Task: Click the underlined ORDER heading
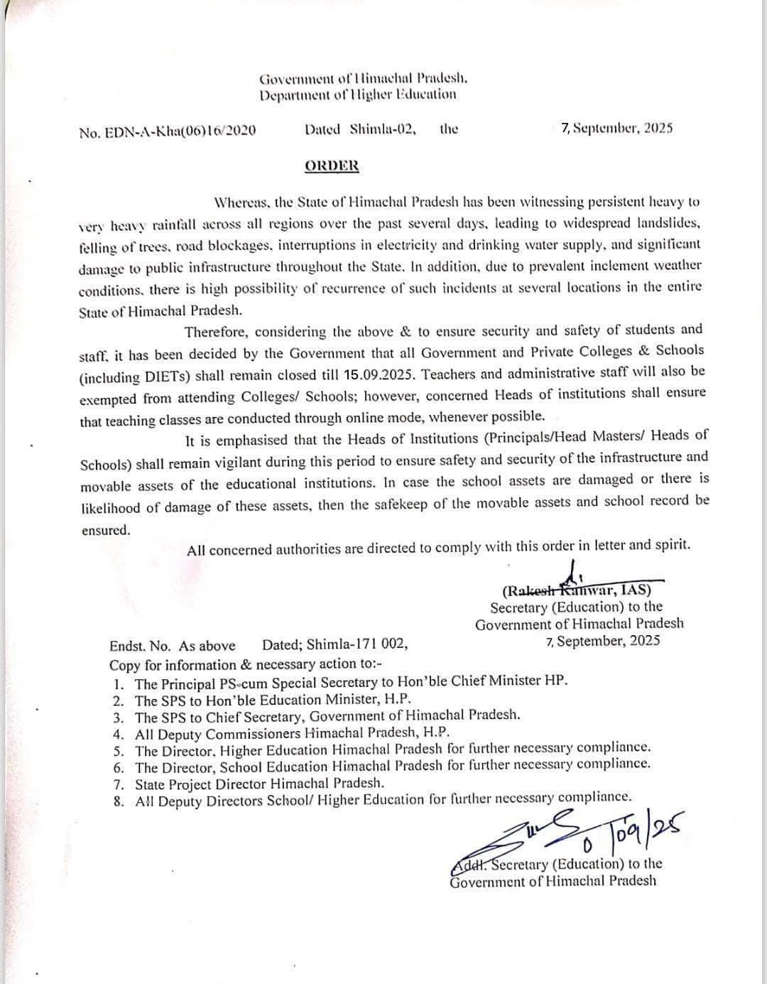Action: (x=332, y=166)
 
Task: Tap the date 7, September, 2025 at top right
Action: (x=616, y=129)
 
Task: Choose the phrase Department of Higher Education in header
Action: (x=358, y=94)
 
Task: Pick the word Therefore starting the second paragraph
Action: (x=217, y=332)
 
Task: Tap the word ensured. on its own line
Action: (x=105, y=530)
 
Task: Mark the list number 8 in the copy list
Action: (x=119, y=801)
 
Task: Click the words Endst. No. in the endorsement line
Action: (x=140, y=646)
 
